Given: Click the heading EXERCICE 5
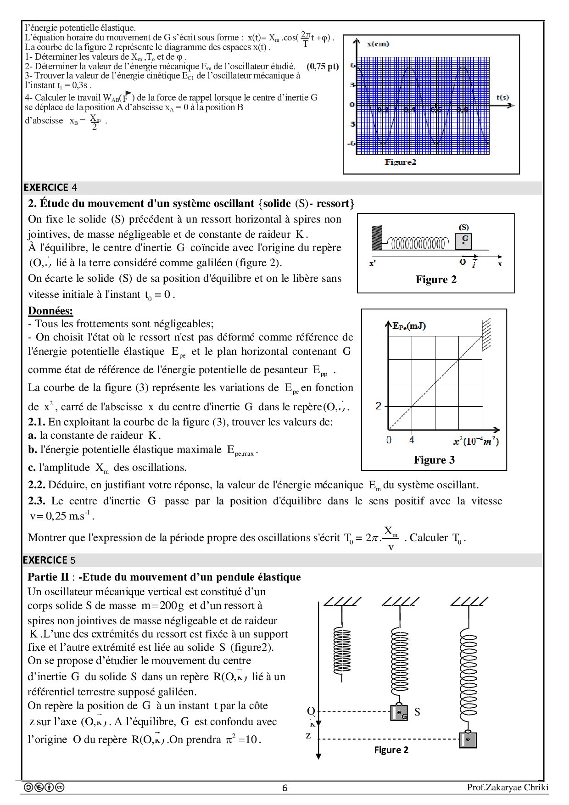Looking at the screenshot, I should coord(49,560).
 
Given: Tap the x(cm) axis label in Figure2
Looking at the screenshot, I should coord(378,44).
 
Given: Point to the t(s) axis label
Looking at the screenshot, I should coord(502,97).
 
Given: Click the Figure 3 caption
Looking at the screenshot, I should coord(434,460).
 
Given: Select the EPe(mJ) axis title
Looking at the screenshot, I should coord(409,326).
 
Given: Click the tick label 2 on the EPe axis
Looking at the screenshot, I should coord(379,406).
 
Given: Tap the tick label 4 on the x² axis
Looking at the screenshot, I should coord(412,440).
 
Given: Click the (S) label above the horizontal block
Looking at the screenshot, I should coord(464,227).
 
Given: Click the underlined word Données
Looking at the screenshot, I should coord(50,311).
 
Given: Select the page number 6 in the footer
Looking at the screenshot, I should coord(284,788).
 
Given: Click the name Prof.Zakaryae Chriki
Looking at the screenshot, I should coord(508,788).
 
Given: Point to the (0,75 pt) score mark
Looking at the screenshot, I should coord(323,66).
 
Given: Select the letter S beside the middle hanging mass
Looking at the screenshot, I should coord(417,712).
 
